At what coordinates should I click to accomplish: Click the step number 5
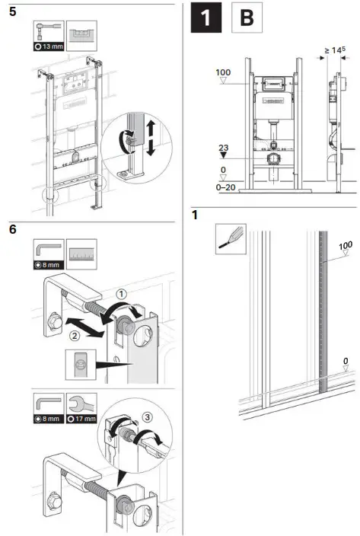[x=11, y=14]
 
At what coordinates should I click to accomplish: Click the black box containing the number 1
[x=205, y=19]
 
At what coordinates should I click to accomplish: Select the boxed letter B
[x=247, y=19]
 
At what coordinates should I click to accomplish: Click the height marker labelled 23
[x=222, y=150]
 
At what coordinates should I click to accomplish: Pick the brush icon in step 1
[x=229, y=238]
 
